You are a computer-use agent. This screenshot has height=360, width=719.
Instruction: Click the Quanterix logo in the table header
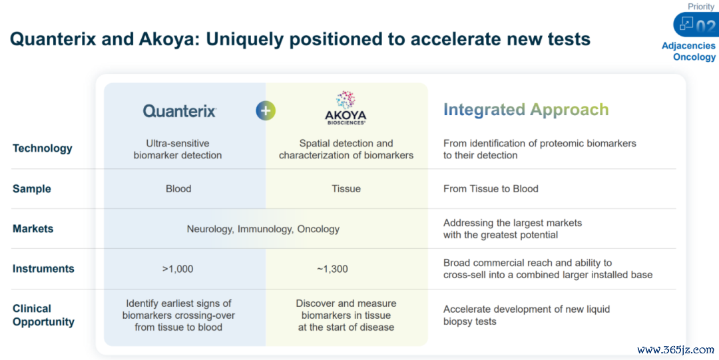[x=179, y=111]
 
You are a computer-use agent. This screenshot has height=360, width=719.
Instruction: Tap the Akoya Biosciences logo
[x=346, y=108]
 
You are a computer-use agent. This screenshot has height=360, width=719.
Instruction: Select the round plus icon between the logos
[x=266, y=110]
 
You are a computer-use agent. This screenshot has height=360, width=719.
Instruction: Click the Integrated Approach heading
[x=526, y=110]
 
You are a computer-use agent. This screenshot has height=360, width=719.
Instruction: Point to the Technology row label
[x=42, y=148]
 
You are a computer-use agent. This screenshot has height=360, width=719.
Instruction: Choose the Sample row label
[x=32, y=189]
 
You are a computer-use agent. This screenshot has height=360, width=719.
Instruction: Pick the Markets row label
[x=33, y=229]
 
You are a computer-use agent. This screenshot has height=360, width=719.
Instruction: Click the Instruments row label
[x=43, y=269]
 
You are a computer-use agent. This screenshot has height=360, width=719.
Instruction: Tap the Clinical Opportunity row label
[x=43, y=315]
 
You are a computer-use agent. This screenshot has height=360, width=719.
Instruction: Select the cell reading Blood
[x=178, y=188]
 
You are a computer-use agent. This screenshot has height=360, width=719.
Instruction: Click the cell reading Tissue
[x=346, y=188]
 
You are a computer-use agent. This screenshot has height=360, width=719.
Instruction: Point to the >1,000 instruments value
[x=178, y=270]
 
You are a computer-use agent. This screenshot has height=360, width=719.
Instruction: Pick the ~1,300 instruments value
[x=332, y=270]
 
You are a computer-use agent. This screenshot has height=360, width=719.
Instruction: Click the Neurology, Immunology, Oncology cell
[x=263, y=229]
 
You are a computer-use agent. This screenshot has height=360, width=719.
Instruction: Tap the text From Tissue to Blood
[x=491, y=188]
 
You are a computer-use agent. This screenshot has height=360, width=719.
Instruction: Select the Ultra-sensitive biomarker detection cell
[x=178, y=149]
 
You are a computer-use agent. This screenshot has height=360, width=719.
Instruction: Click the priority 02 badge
[x=696, y=25]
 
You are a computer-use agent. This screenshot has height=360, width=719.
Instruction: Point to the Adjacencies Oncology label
[x=688, y=51]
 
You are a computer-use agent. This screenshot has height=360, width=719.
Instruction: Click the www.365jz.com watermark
[x=676, y=350]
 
